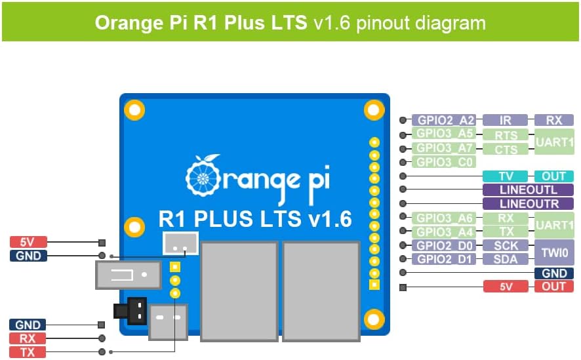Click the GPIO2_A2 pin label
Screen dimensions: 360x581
coord(445,121)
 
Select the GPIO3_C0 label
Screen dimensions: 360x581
coord(445,162)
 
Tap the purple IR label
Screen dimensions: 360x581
coord(505,121)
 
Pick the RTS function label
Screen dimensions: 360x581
coord(505,135)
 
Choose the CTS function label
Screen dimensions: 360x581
coord(505,149)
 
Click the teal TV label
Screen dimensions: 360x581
coord(505,176)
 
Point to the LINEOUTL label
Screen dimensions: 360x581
coord(528,190)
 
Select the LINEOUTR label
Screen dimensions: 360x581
coord(528,204)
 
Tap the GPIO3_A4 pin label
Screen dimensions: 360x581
coord(445,231)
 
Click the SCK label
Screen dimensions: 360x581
coord(505,245)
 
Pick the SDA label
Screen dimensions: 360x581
coord(505,259)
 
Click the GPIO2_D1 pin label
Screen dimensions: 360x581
coord(445,259)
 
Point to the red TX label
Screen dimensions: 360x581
coord(28,352)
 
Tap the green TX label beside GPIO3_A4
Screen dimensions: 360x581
coord(505,231)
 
